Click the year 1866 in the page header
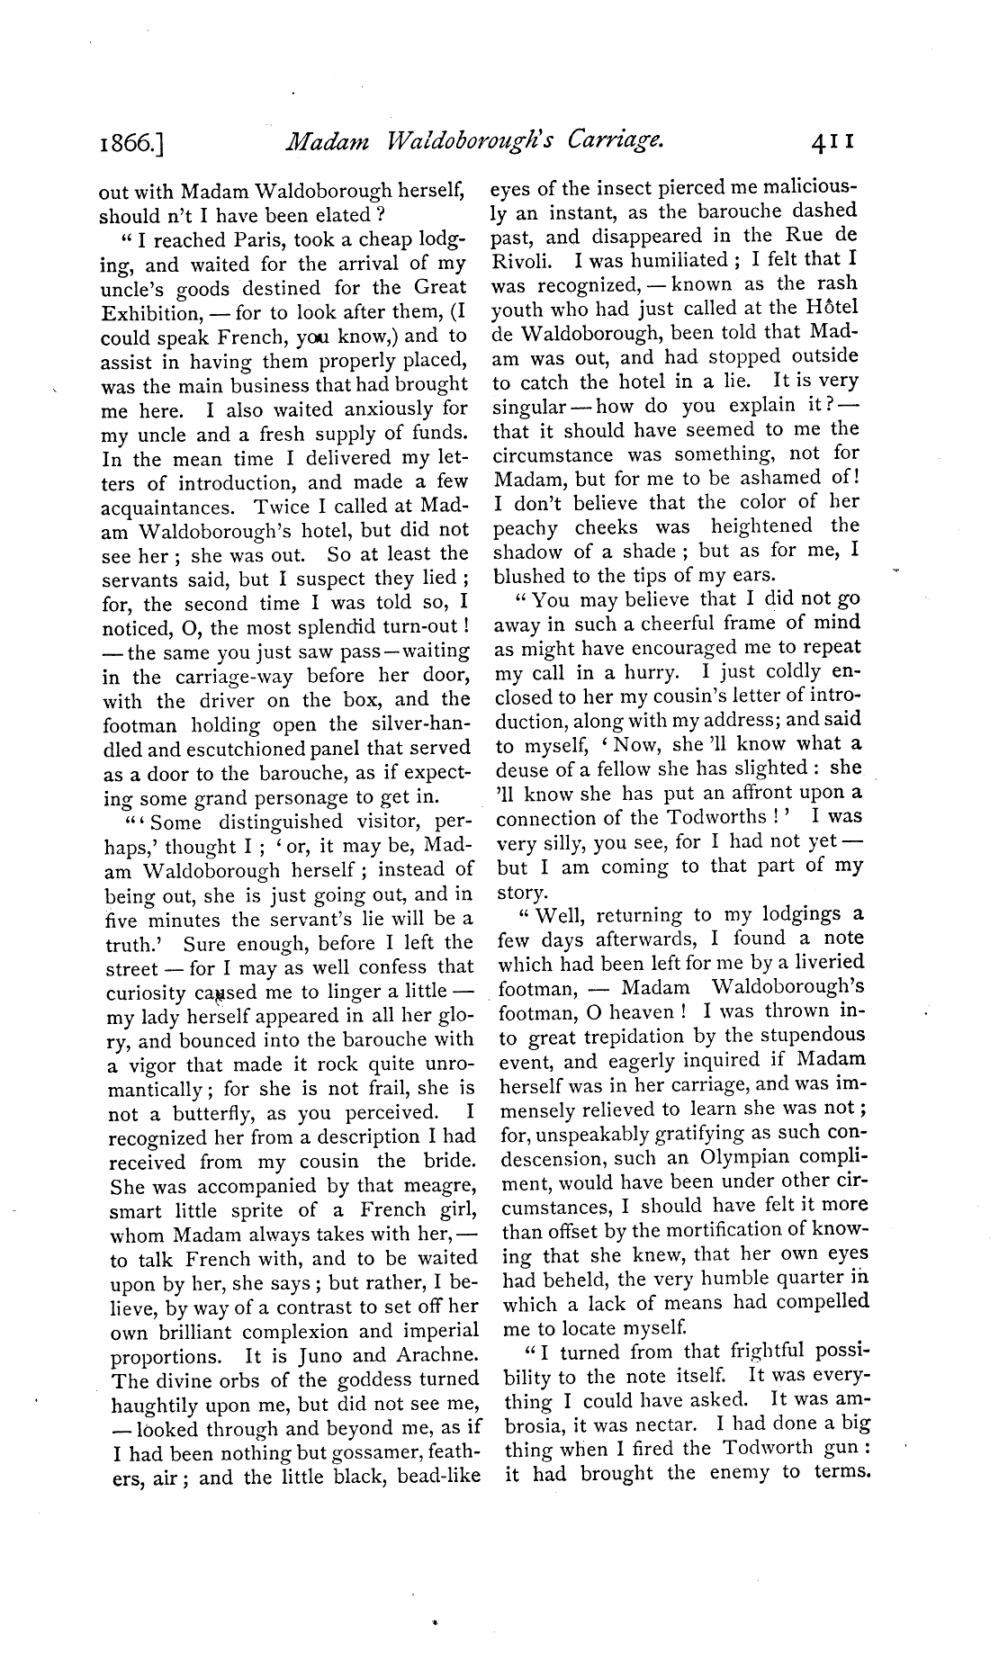coord(130,142)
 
